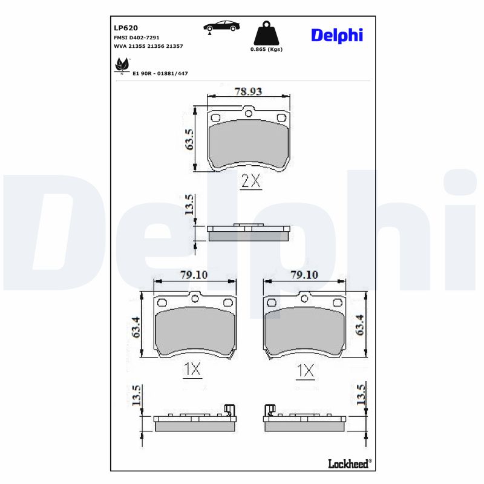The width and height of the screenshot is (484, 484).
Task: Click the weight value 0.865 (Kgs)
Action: pyautogui.click(x=266, y=49)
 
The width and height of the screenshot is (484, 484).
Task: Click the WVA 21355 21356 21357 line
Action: pyautogui.click(x=148, y=46)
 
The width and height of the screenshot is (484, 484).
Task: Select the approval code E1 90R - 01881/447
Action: pyautogui.click(x=160, y=73)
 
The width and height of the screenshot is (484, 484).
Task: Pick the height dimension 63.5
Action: pyautogui.click(x=189, y=139)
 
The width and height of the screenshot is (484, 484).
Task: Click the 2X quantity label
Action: pyautogui.click(x=250, y=181)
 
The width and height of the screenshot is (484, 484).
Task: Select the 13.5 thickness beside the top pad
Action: pyautogui.click(x=189, y=205)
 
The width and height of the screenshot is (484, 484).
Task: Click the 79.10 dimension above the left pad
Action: pyautogui.click(x=194, y=274)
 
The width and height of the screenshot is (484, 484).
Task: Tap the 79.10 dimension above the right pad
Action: pyautogui.click(x=304, y=274)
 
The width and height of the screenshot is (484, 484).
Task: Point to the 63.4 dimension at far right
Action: pyautogui.click(x=360, y=325)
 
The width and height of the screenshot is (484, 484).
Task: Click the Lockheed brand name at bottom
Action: pyautogui.click(x=348, y=463)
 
